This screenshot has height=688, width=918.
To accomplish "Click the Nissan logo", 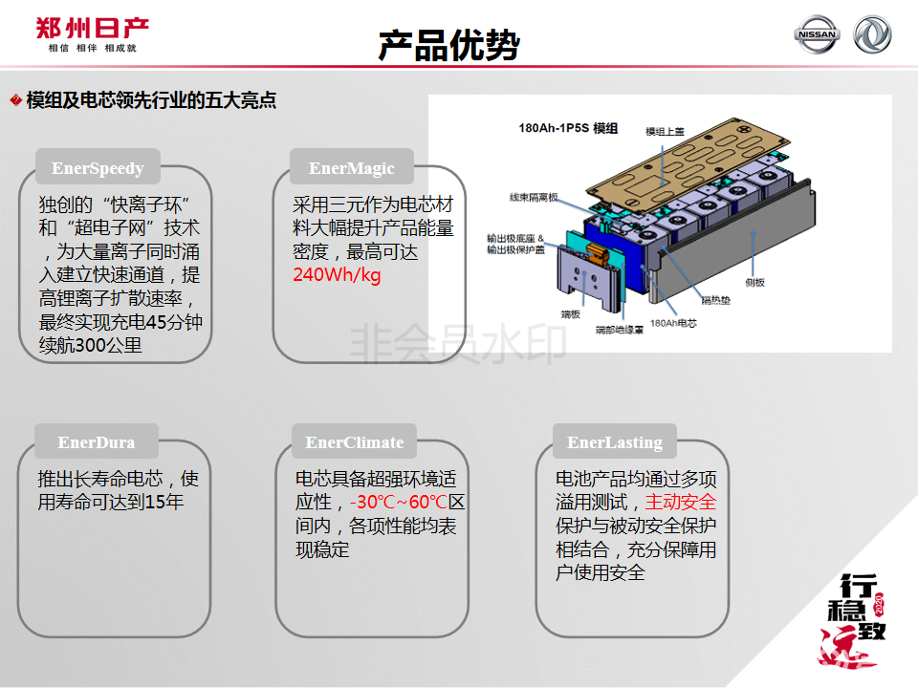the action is point(817,34).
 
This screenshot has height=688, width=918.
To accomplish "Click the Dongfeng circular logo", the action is point(872,34).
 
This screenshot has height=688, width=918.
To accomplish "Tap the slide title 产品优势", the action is point(449,45).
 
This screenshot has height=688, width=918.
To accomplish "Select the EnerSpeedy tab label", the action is point(98,168).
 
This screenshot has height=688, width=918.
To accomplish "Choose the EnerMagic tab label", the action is point(352,168).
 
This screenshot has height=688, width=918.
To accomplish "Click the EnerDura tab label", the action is point(97,442).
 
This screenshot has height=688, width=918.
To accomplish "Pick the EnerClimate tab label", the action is point(355,442).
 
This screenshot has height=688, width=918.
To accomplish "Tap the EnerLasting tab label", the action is point(615,442).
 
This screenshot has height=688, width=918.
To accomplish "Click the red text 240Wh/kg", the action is point(337,274).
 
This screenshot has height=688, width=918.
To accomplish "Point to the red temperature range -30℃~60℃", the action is point(399,502).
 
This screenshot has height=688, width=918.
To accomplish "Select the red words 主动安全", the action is point(680,502).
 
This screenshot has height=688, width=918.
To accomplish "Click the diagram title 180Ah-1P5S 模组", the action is point(568,128).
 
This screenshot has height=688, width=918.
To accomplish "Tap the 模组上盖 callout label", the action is point(666,132).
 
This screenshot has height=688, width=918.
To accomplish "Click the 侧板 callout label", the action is point(755,283).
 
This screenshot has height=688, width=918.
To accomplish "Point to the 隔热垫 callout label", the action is point(716,301).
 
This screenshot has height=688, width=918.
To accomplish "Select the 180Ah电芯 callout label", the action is point(673,323).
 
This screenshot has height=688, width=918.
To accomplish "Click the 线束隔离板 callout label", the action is point(534,198).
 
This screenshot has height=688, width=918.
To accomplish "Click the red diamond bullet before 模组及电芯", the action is point(16,100).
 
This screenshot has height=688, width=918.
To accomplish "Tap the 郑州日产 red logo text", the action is point(92,28).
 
